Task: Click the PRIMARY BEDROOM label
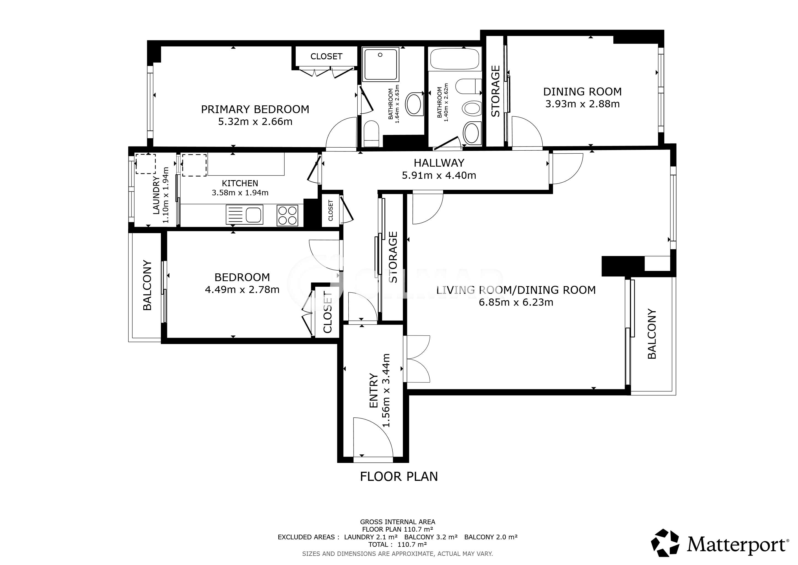pos(255,109)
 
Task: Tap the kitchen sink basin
pos(254,215)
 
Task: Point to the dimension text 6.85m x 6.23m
pos(516,302)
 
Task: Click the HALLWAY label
pos(439,163)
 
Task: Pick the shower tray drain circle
pos(380,55)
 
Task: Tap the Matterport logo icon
pos(665,542)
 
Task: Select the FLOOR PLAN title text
pos(399,476)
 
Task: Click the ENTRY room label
pos(373,390)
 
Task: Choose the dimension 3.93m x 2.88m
pos(582,104)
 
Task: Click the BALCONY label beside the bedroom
pos(147,285)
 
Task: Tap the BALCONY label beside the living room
pos(652,333)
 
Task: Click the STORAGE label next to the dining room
pos(495,91)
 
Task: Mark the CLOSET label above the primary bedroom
pos(326,56)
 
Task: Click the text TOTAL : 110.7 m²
pos(398,544)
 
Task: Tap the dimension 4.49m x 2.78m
pos(242,289)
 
